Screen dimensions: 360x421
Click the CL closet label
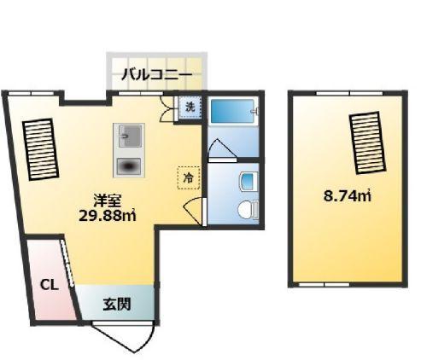(x=48, y=285)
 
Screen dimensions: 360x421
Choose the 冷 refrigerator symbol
(x=187, y=177)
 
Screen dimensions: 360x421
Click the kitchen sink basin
(x=130, y=136)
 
